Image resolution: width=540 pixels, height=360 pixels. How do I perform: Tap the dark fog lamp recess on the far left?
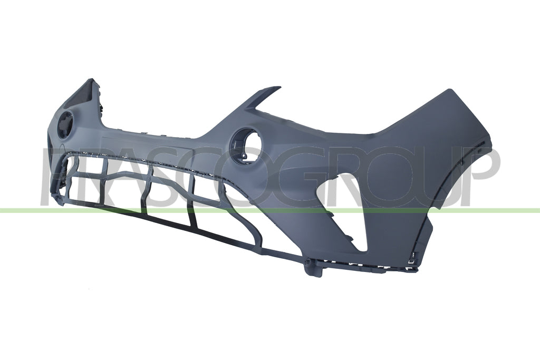pos(65,124)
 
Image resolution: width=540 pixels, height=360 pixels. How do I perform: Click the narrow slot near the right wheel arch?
pos(480,146)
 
